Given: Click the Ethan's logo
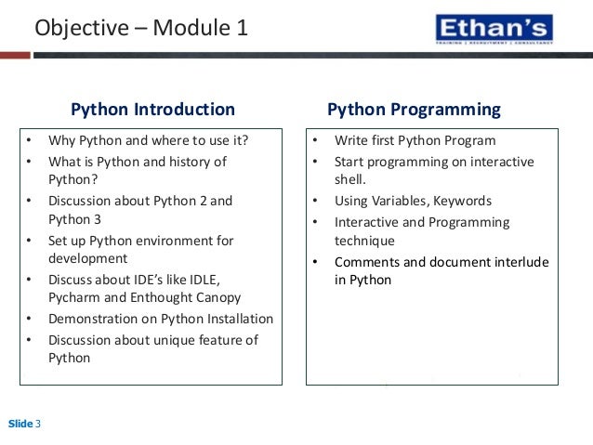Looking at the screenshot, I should click(x=493, y=30).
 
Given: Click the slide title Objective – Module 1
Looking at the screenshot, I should click(x=141, y=29).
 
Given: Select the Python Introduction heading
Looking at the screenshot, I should click(x=153, y=110).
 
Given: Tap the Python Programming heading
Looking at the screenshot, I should click(x=414, y=110).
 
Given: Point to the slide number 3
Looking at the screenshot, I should click(x=38, y=425).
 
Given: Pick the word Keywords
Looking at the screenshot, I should click(x=463, y=201).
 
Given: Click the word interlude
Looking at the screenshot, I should click(x=519, y=262).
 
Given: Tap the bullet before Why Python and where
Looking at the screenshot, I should click(x=29, y=141).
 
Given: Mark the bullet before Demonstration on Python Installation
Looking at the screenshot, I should click(x=29, y=319).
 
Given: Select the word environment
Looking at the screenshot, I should click(x=169, y=241).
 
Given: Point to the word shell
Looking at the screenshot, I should click(x=349, y=180).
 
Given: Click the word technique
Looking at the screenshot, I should click(x=364, y=241).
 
